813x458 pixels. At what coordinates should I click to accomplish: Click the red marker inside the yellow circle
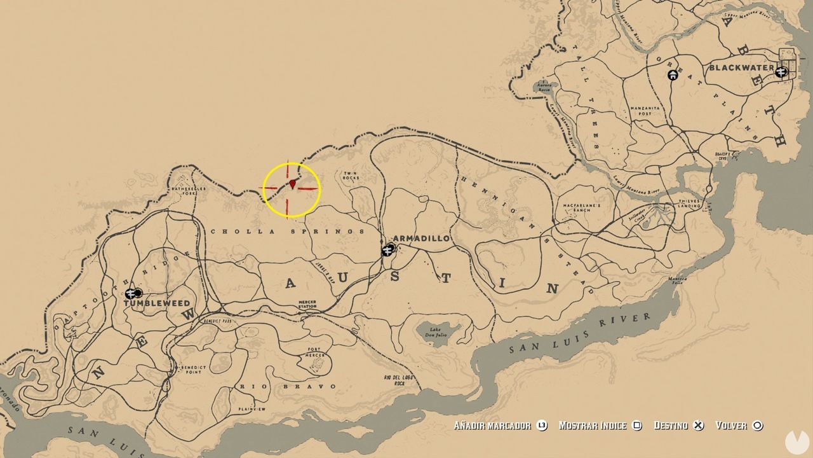tap(292, 184)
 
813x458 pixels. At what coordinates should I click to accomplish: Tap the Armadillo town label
tap(421, 239)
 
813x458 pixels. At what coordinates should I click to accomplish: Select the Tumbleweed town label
tap(157, 304)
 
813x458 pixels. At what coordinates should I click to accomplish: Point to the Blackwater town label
tap(741, 67)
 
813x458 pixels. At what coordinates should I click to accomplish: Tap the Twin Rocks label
tap(351, 176)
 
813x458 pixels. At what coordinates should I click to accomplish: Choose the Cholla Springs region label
tap(287, 232)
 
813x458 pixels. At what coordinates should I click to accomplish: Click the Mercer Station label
tap(307, 304)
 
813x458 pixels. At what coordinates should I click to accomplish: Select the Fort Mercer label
tap(316, 352)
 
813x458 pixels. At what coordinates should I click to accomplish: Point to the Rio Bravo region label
tap(288, 386)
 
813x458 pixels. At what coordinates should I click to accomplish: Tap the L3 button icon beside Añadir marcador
tap(542, 426)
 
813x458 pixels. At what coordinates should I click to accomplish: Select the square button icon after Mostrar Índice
tap(638, 426)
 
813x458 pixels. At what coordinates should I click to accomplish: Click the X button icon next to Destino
tap(699, 426)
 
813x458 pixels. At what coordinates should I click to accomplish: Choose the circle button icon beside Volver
tap(757, 426)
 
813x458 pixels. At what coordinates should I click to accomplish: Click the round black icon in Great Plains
tap(673, 75)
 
